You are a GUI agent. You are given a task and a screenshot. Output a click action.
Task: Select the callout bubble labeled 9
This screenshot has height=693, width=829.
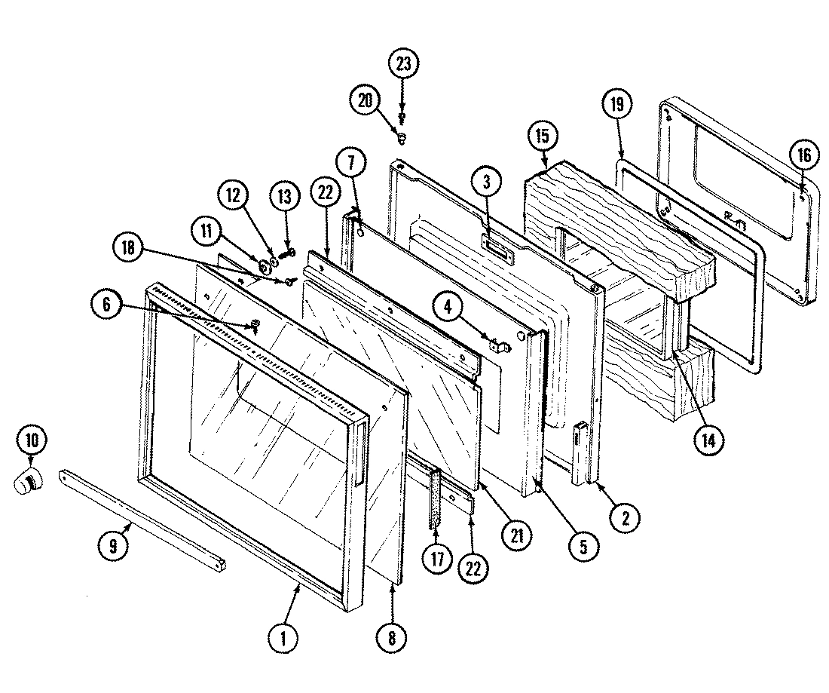[112, 547]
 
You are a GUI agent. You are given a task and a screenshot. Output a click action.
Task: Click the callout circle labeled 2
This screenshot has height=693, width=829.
[626, 517]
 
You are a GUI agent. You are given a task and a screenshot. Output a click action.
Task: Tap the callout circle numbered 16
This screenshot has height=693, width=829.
[803, 156]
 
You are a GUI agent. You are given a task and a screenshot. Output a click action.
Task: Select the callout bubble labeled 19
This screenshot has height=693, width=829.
[616, 105]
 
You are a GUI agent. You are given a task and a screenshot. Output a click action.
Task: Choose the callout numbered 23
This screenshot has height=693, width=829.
[403, 64]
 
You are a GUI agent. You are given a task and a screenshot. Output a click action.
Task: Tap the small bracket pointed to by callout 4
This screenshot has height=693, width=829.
[498, 347]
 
